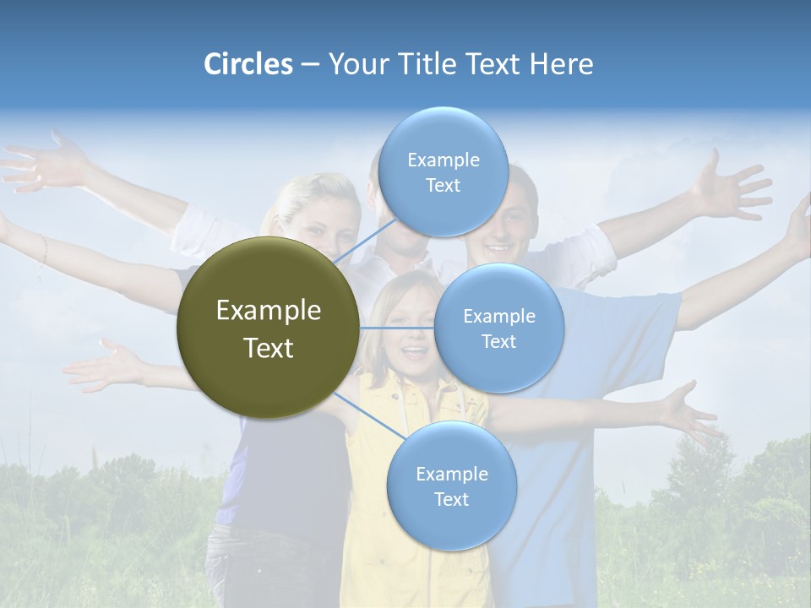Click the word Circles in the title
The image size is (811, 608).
click(x=248, y=64)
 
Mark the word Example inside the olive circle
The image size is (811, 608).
click(x=268, y=311)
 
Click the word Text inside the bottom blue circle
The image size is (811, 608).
click(x=451, y=499)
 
